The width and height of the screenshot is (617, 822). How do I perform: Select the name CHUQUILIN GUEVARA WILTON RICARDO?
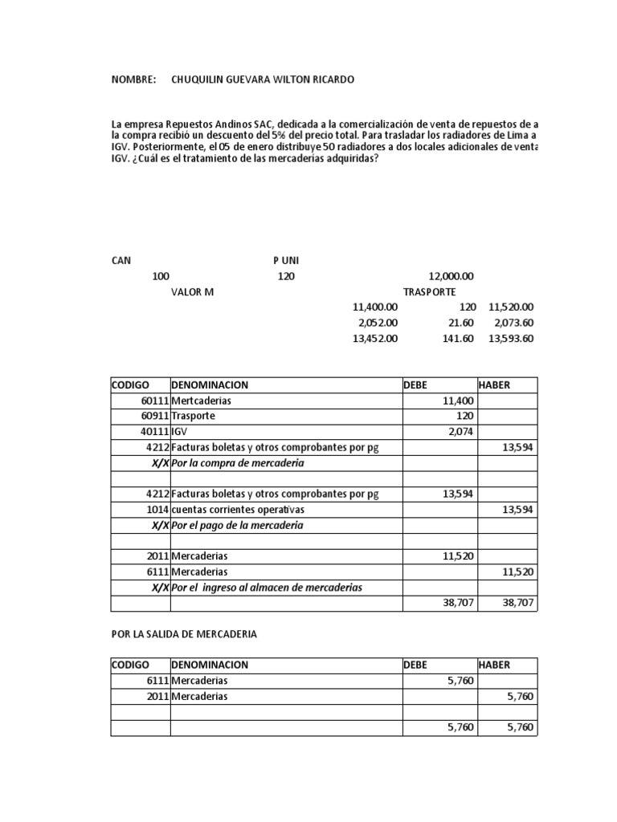coord(262,80)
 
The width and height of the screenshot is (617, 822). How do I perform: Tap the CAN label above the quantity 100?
coord(121,261)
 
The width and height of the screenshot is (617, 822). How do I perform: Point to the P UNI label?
coord(286,261)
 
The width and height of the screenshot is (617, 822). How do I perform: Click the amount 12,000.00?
coord(452,276)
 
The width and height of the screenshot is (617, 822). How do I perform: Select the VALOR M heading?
coord(192,291)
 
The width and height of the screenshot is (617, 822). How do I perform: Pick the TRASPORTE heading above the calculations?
coord(429,291)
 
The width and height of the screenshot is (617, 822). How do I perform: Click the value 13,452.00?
coord(375,338)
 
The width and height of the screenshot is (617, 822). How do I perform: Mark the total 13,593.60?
coord(511,338)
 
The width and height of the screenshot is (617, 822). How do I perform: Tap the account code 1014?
coord(157,510)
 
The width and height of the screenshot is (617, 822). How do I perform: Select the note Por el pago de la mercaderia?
coord(238,525)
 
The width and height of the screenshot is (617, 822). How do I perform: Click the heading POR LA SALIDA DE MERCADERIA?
coord(184,634)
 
